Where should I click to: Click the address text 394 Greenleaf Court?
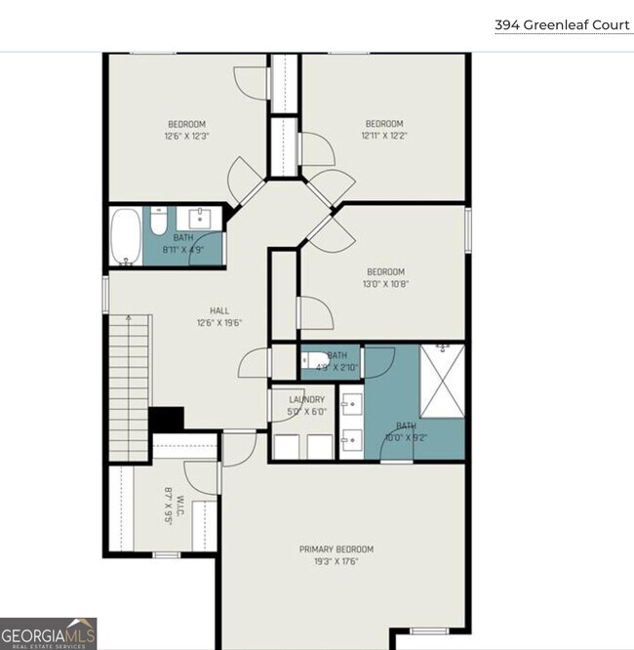pyautogui.click(x=562, y=24)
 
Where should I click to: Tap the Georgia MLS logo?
pyautogui.click(x=49, y=634)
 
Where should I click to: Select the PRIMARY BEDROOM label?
pyautogui.click(x=336, y=549)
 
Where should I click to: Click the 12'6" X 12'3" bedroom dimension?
pyautogui.click(x=186, y=137)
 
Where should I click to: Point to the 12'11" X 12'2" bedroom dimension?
pyautogui.click(x=383, y=137)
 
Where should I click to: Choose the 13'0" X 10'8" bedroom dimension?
pyautogui.click(x=384, y=285)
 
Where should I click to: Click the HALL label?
pyautogui.click(x=218, y=310)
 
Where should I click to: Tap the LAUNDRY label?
pyautogui.click(x=306, y=399)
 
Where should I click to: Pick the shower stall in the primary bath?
pyautogui.click(x=442, y=380)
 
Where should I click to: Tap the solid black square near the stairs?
pyautogui.click(x=167, y=419)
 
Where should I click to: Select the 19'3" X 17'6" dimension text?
pyautogui.click(x=336, y=562)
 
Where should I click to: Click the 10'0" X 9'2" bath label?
pyautogui.click(x=405, y=431)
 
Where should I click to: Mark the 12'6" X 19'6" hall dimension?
pyautogui.click(x=218, y=323)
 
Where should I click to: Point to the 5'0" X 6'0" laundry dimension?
pyautogui.click(x=306, y=412)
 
